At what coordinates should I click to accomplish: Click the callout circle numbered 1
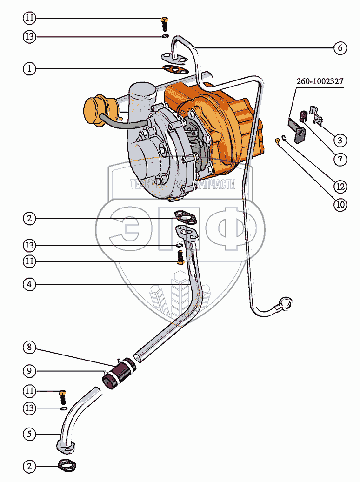(29, 69)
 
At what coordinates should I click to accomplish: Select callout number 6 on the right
(340, 47)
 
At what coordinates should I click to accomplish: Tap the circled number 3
(340, 140)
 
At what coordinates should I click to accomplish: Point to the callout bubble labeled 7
(340, 160)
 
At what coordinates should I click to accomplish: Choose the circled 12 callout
(340, 186)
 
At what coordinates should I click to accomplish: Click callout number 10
(340, 204)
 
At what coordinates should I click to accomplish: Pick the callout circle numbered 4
(29, 283)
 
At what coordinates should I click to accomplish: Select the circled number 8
(29, 347)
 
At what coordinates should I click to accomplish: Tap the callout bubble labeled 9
(29, 371)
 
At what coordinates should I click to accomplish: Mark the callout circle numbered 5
(29, 434)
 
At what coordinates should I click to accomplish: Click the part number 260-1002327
(320, 81)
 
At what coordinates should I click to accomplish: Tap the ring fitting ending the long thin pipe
(285, 304)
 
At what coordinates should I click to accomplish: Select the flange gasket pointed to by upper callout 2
(184, 217)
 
